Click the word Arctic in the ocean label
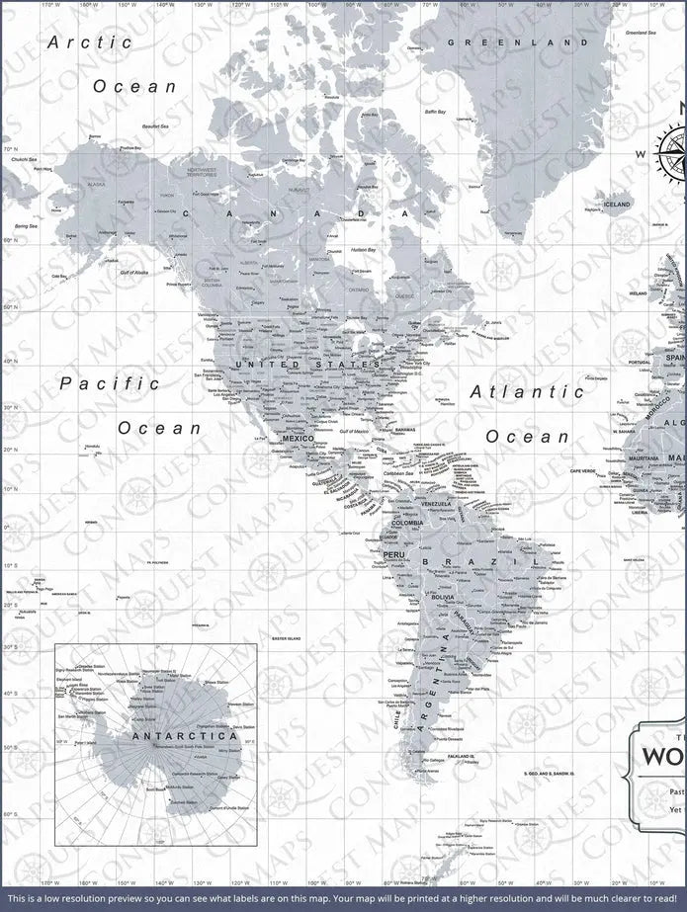[x=90, y=42]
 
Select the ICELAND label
[x=616, y=205]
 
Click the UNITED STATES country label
[x=307, y=365]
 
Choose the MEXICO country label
[x=298, y=438]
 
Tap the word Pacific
[x=109, y=383]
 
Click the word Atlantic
[x=528, y=391]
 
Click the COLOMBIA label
[x=406, y=523]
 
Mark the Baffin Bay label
[x=435, y=112]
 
